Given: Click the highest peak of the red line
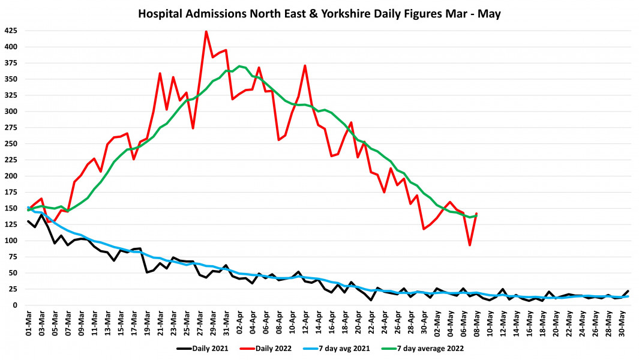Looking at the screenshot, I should click(x=206, y=31).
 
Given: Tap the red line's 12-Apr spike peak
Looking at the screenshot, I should click(x=305, y=66).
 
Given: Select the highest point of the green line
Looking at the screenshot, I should click(x=239, y=66).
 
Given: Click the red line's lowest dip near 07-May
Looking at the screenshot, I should click(x=470, y=245).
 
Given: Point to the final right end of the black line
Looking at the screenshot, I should click(x=628, y=291).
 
